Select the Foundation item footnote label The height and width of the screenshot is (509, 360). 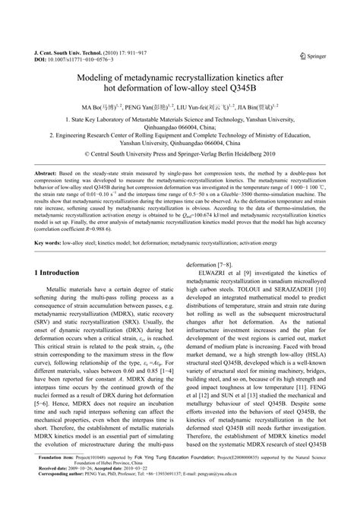tap(53, 479)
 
